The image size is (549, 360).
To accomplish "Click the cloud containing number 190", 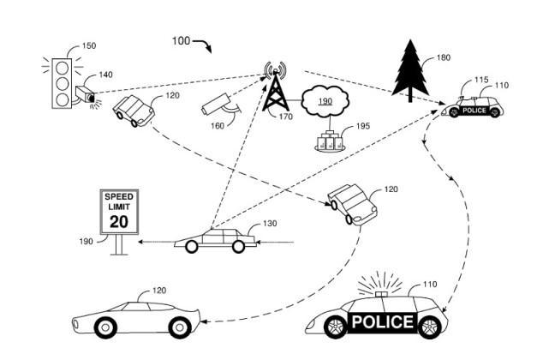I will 326,101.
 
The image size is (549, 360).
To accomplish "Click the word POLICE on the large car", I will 384,321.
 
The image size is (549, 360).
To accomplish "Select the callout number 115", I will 481,80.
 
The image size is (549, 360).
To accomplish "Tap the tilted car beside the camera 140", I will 134,111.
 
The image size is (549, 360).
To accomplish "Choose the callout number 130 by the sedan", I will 270,224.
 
